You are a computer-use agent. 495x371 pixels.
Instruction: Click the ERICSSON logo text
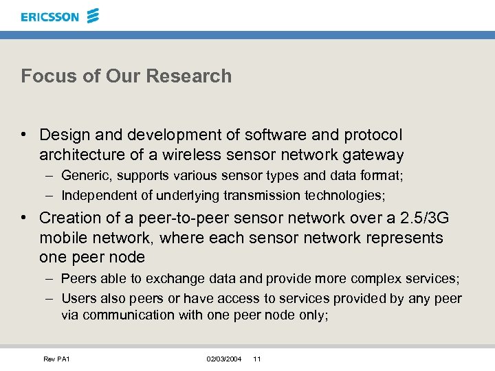pyautogui.click(x=49, y=16)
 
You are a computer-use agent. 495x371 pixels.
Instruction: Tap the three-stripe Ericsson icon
pyautogui.click(x=93, y=15)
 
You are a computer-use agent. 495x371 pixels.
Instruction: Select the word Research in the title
pyautogui.click(x=199, y=76)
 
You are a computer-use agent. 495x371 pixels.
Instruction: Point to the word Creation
pyautogui.click(x=68, y=218)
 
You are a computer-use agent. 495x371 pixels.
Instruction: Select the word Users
pyautogui.click(x=78, y=298)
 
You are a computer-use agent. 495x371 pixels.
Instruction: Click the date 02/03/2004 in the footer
pyautogui.click(x=224, y=359)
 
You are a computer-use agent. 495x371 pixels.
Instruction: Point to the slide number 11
pyautogui.click(x=257, y=359)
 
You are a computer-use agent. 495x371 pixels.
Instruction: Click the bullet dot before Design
pyautogui.click(x=24, y=135)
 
